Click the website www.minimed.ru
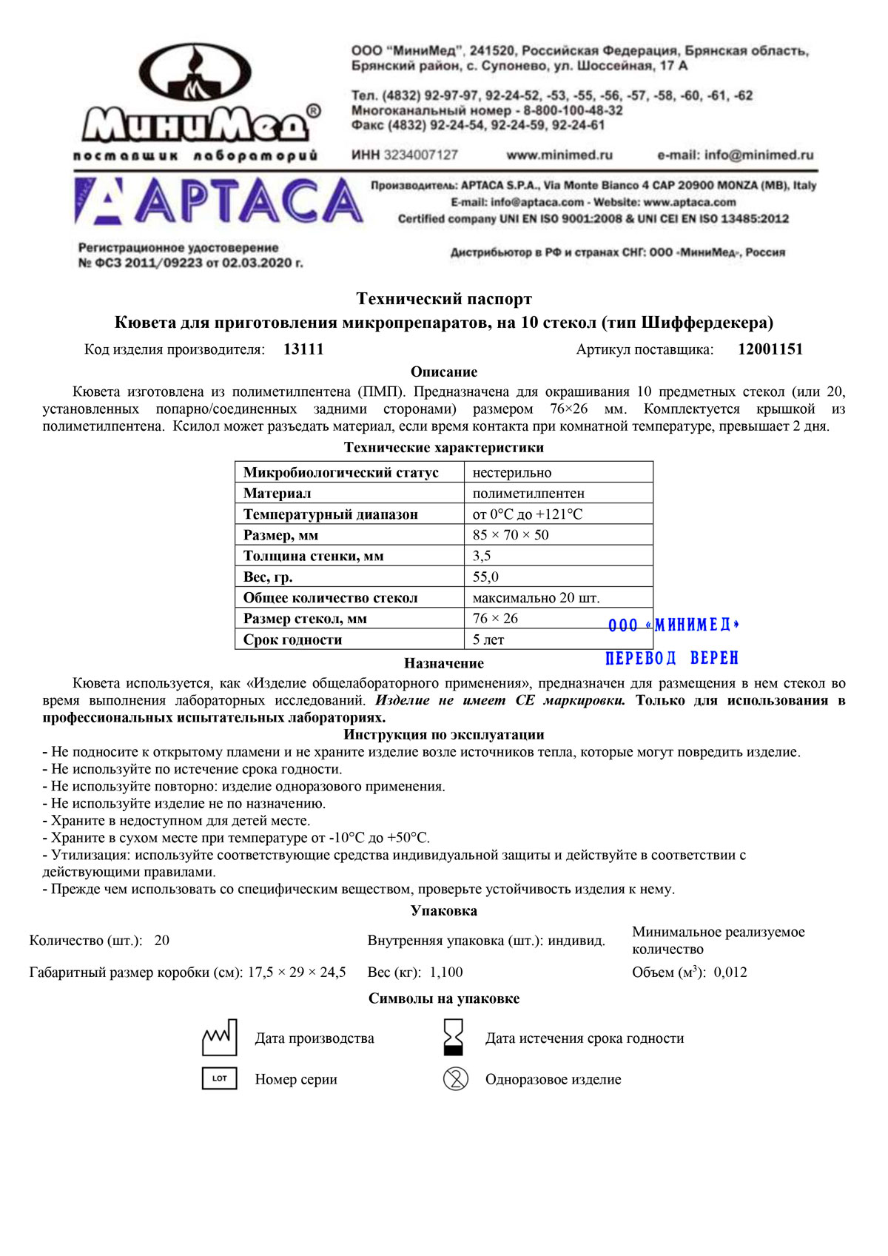point(559,155)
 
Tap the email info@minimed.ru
point(735,155)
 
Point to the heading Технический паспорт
point(444,299)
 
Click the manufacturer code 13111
point(303,349)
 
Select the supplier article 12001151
point(770,349)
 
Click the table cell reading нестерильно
point(512,472)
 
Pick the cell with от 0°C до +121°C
point(528,514)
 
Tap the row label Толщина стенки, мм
point(314,556)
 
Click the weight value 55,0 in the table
point(485,577)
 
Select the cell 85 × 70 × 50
point(511,535)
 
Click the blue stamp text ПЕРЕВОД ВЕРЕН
point(671,658)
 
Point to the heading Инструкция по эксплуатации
point(444,735)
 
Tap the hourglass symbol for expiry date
point(453,1037)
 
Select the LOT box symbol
point(220,1078)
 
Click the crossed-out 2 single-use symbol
point(455,1079)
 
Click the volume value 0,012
point(730,973)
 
